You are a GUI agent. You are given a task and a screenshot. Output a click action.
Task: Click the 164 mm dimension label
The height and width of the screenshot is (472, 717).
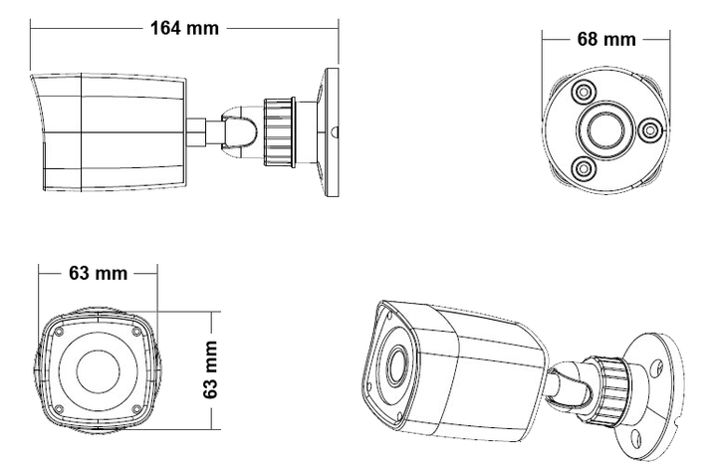[185, 28]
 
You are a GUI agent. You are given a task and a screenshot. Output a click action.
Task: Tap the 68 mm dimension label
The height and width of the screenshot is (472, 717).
[606, 40]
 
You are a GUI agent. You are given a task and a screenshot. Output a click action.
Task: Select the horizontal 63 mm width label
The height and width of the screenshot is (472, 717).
[99, 274]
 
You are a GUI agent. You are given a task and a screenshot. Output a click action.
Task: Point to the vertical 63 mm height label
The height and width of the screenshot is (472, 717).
[211, 369]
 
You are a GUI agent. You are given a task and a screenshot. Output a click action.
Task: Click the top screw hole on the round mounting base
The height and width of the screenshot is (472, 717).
[584, 92]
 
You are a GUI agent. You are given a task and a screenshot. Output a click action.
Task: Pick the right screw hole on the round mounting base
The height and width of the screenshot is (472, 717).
[649, 130]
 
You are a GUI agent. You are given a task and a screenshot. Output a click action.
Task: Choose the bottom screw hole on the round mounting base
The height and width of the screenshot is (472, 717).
[584, 168]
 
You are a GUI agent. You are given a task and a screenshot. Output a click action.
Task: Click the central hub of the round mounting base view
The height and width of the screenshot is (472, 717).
[600, 130]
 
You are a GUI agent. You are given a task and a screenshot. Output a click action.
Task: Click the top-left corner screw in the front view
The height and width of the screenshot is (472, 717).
[58, 332]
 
